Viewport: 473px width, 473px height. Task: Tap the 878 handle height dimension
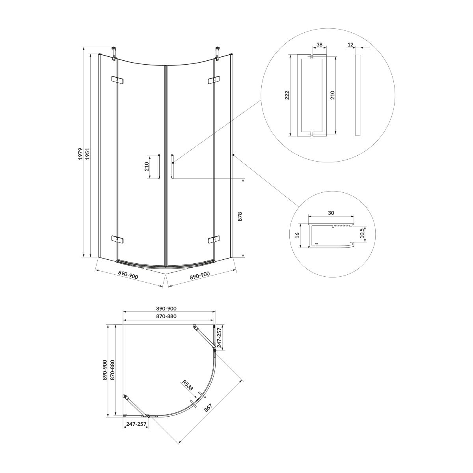tap(240, 216)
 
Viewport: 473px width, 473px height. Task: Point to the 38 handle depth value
tap(319, 45)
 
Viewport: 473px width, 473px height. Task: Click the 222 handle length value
tap(287, 95)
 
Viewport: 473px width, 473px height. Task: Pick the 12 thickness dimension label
tap(350, 45)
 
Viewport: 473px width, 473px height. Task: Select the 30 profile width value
tap(331, 213)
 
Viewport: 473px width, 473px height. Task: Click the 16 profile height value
tap(297, 235)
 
